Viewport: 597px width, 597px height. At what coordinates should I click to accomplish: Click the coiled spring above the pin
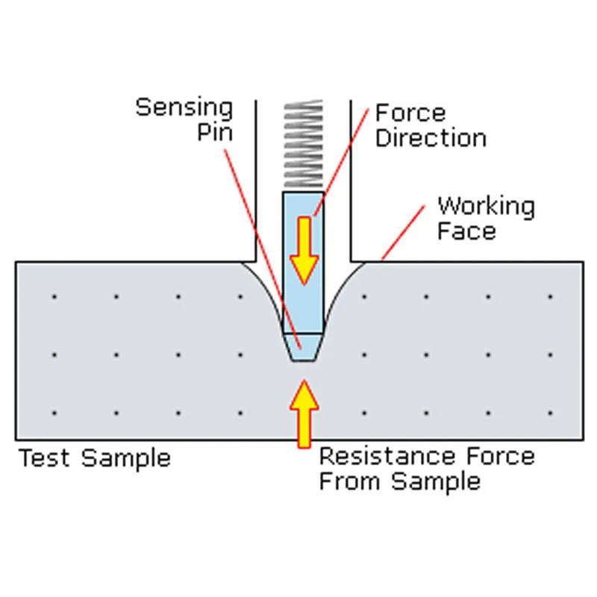(303, 146)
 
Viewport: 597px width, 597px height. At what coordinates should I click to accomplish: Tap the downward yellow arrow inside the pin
(304, 250)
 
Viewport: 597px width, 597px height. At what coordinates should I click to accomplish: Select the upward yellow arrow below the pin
(304, 414)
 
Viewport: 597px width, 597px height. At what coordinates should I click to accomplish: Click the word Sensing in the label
(184, 107)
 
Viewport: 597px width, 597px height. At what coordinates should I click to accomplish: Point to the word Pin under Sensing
(215, 133)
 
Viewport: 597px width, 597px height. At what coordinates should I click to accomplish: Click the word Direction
(431, 138)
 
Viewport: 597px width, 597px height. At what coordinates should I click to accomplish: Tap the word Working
(485, 207)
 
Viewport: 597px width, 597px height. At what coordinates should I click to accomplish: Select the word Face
(466, 231)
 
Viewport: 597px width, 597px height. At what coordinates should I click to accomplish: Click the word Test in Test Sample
(44, 457)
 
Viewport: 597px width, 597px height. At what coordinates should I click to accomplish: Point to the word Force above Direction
(410, 113)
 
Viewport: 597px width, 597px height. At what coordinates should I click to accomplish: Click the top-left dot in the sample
(54, 297)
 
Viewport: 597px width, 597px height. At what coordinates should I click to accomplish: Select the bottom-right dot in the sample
(550, 413)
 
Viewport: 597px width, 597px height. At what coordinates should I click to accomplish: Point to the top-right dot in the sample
(550, 297)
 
